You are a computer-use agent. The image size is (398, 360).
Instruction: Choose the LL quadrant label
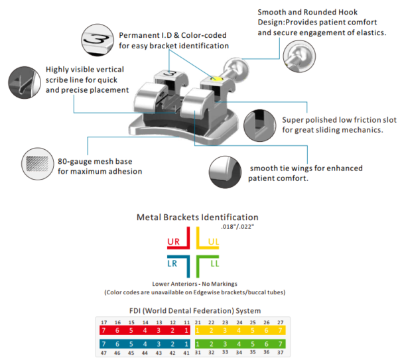click(x=214, y=264)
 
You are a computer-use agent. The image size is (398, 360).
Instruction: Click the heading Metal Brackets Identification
click(x=197, y=217)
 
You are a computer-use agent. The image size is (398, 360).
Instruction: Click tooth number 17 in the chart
click(x=103, y=322)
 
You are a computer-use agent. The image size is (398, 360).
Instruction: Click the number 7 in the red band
click(x=103, y=330)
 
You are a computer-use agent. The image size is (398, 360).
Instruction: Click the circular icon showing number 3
click(x=96, y=37)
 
